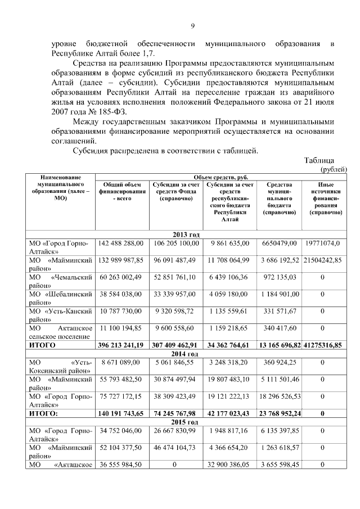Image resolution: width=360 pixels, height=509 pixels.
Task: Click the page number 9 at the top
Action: click(192, 26)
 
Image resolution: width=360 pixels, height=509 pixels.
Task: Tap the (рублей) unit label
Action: click(333, 169)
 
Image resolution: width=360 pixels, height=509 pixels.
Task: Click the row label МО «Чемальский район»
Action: click(60, 282)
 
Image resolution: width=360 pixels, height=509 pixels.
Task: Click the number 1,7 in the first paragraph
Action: click(146, 54)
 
